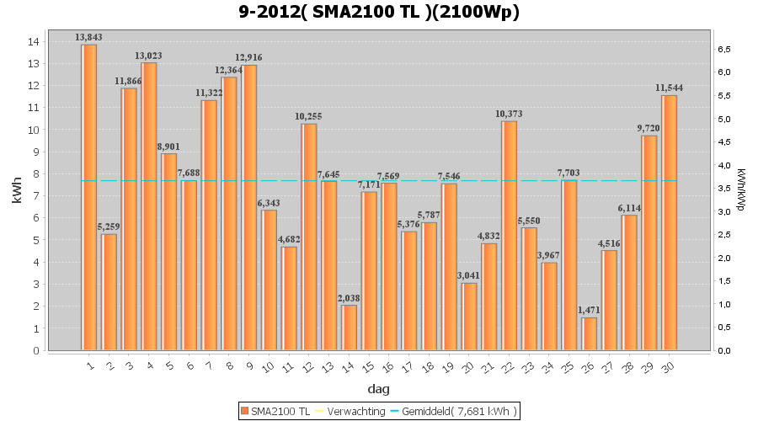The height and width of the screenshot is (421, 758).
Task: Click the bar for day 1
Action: click(88, 197)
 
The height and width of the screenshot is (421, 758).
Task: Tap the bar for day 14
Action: click(349, 328)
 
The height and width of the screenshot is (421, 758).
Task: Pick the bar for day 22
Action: click(509, 236)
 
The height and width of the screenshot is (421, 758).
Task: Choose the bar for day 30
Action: click(669, 222)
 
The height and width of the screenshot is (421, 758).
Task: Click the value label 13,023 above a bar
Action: click(149, 56)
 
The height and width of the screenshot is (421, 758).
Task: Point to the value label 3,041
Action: click(469, 276)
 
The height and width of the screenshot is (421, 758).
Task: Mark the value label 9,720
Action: click(649, 128)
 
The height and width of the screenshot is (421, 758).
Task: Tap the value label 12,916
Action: click(249, 58)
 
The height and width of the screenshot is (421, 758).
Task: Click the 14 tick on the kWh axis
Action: click(34, 41)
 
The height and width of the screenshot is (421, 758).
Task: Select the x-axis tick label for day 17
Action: click(408, 365)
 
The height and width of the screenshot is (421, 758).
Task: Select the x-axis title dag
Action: click(379, 389)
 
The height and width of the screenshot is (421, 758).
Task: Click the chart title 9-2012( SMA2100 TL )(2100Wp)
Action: click(379, 13)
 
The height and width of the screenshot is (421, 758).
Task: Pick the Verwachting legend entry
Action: click(349, 411)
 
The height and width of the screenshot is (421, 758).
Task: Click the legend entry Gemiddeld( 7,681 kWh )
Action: click(453, 411)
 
